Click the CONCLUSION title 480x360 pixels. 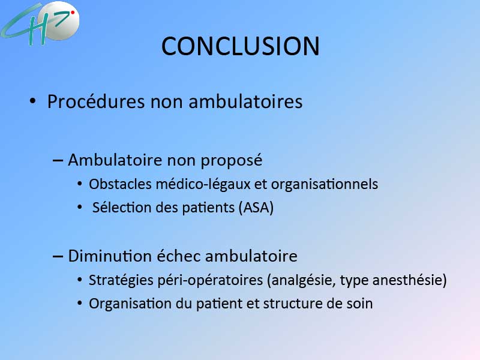[241, 46]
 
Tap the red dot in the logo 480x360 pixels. [73, 13]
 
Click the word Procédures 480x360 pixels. [96, 101]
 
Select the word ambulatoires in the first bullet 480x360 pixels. [245, 101]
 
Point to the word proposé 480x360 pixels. [232, 160]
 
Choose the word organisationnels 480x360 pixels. [325, 184]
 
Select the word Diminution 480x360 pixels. [110, 256]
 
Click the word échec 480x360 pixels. [179, 256]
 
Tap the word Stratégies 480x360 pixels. [121, 280]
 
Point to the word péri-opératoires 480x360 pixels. [210, 280]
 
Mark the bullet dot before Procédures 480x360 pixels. [33, 101]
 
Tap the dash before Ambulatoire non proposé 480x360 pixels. [58, 160]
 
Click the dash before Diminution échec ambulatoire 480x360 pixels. [58, 256]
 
